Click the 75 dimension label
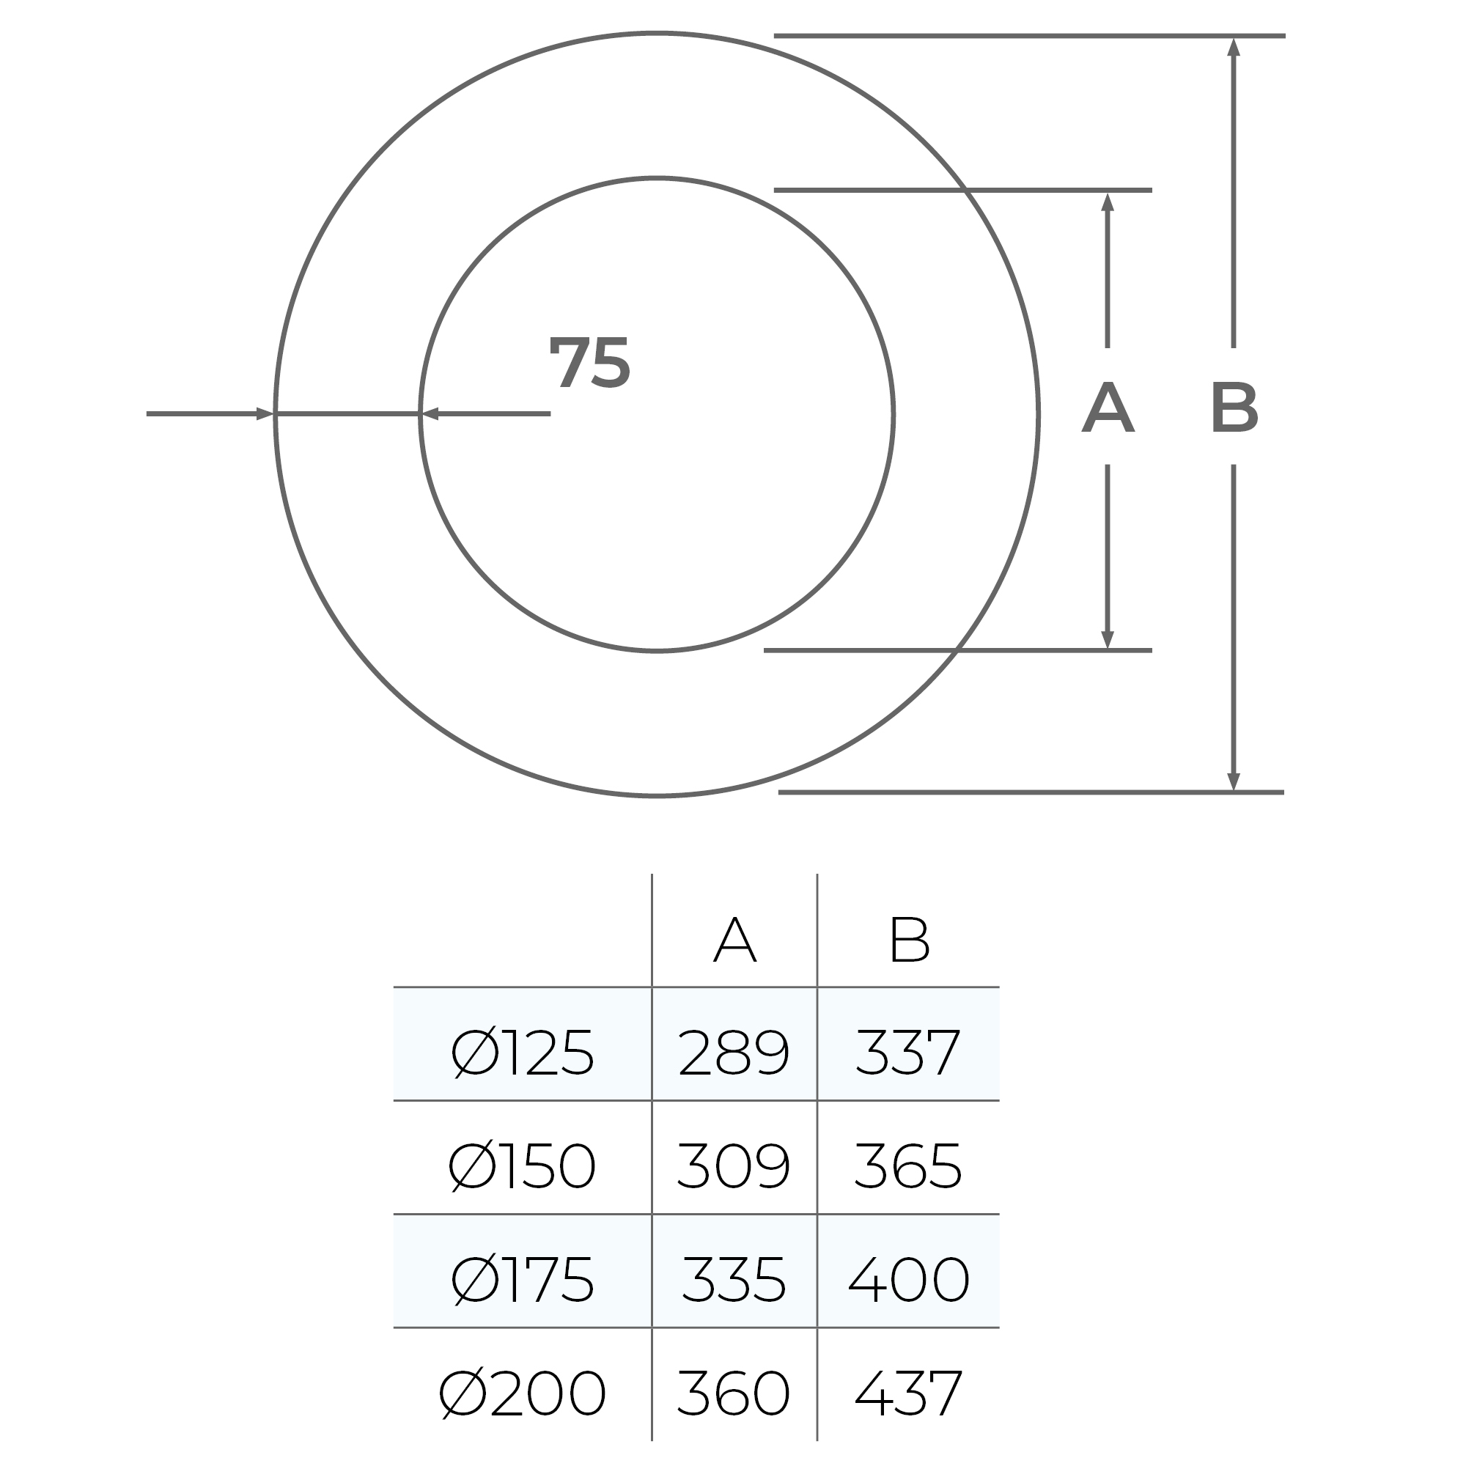(589, 364)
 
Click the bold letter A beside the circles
(1108, 408)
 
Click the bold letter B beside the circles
(1234, 408)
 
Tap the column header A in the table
(734, 940)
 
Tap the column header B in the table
(909, 940)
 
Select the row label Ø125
(522, 1053)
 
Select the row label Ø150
(522, 1166)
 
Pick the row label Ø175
(522, 1280)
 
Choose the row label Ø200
(522, 1393)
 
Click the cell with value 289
(734, 1053)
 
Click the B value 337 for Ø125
(908, 1053)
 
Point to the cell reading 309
(734, 1166)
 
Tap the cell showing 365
(908, 1166)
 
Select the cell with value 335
(734, 1280)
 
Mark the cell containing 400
(908, 1280)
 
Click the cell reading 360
(734, 1393)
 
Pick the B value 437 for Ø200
(908, 1393)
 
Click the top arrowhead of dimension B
(1234, 47)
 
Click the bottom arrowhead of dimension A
(1107, 639)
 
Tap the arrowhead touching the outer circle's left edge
(265, 413)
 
